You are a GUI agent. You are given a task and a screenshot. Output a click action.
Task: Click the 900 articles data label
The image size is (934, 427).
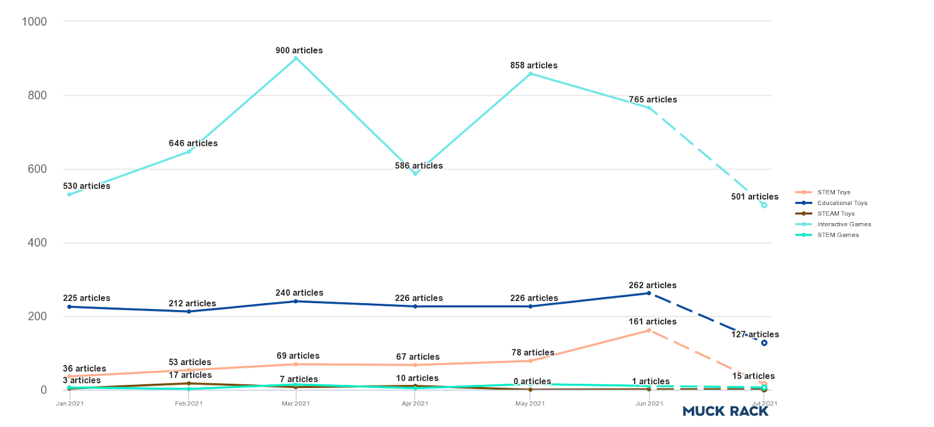(299, 51)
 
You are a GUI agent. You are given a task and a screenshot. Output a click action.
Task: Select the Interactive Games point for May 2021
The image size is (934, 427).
(530, 74)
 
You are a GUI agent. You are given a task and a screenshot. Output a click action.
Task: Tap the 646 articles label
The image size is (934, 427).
(193, 143)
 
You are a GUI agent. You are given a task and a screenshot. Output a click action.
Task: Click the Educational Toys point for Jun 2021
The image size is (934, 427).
(649, 293)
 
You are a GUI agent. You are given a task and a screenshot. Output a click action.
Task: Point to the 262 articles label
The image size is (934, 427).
(653, 285)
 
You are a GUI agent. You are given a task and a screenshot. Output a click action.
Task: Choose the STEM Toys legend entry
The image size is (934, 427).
(833, 192)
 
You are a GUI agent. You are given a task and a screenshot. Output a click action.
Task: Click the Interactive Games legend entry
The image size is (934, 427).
(844, 224)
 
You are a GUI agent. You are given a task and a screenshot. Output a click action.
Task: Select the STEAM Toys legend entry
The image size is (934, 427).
(835, 214)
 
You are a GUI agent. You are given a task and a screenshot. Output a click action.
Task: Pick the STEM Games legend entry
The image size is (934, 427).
(838, 235)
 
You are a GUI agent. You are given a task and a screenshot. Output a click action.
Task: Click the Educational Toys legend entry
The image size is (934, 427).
(842, 203)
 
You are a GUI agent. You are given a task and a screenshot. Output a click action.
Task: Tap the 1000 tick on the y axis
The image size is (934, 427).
(34, 22)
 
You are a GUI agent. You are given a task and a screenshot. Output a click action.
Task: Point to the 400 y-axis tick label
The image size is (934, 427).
(37, 242)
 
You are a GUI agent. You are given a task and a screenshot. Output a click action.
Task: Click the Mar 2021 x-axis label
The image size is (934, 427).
(296, 404)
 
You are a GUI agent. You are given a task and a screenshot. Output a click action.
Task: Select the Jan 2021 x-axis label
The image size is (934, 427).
(69, 404)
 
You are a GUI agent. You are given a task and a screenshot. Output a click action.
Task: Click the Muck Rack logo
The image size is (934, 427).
(726, 411)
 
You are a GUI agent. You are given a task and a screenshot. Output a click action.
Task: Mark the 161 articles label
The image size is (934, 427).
(653, 322)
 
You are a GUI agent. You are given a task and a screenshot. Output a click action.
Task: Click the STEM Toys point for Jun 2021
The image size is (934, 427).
(649, 331)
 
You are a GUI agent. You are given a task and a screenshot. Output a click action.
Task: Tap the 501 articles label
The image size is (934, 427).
(755, 197)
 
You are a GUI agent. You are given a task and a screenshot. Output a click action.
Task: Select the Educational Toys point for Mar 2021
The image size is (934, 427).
(296, 301)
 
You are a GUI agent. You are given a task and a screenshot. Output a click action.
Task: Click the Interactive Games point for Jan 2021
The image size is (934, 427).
(69, 195)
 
